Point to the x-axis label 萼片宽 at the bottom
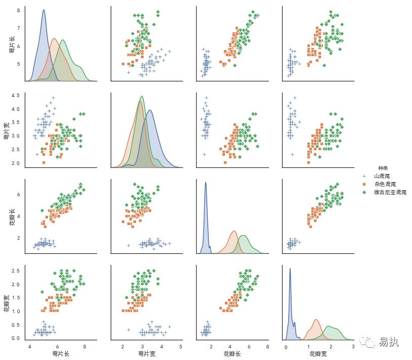click(x=147, y=353)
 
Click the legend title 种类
click(x=382, y=168)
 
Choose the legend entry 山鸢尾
click(x=382, y=176)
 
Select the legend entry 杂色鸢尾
click(x=385, y=184)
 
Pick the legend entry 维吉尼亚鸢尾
click(x=390, y=193)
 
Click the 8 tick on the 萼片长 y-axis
click(x=18, y=10)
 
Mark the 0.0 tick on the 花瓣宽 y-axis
click(x=15, y=338)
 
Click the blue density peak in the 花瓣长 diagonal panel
click(x=205, y=183)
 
